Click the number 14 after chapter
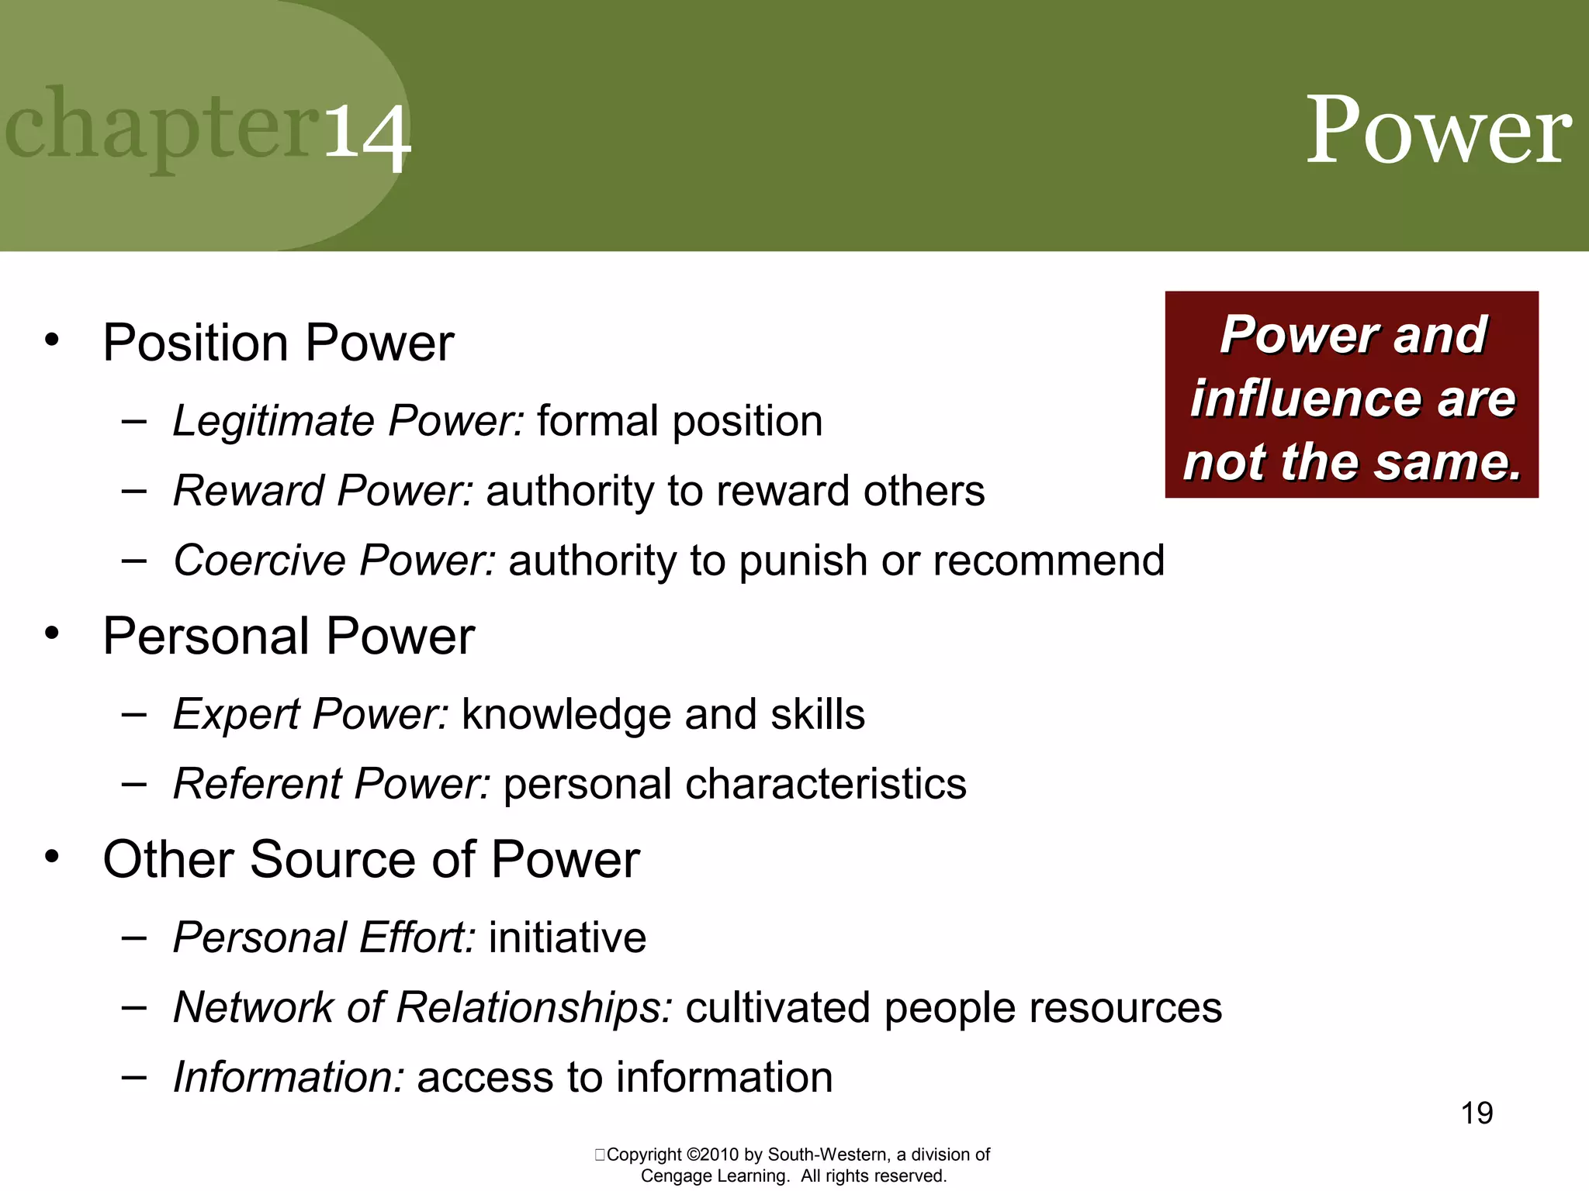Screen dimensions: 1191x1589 click(366, 136)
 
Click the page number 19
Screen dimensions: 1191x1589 click(1476, 1113)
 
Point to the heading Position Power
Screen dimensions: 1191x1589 click(278, 343)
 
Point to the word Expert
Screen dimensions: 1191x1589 click(236, 714)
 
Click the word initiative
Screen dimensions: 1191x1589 click(567, 937)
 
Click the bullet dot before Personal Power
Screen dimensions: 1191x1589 click(52, 634)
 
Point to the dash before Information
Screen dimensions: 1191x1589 click(134, 1077)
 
